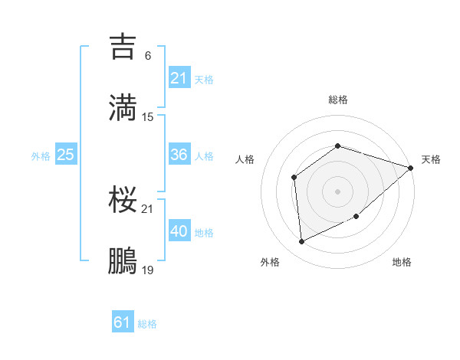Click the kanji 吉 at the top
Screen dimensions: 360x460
point(124,47)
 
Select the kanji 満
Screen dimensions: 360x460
point(124,108)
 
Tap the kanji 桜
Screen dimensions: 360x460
point(124,200)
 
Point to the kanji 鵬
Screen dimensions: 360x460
point(124,261)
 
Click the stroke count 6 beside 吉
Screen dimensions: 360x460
point(147,56)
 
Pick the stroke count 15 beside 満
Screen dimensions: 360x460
point(148,116)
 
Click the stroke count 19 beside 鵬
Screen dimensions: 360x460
point(148,270)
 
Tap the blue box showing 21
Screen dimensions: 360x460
point(179,78)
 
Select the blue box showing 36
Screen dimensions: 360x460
point(179,155)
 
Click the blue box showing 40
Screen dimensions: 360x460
point(179,231)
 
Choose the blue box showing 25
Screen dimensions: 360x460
point(65,155)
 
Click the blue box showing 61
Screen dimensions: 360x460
point(122,322)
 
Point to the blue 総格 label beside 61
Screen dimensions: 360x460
point(147,324)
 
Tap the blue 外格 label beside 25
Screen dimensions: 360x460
point(41,156)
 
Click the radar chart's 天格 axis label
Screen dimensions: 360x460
point(431,159)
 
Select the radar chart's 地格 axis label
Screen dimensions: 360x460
point(402,262)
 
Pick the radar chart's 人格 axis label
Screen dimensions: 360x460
point(245,159)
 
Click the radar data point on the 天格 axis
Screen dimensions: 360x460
point(410,168)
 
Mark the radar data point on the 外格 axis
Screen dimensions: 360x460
point(302,242)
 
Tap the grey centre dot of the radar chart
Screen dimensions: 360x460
point(337,191)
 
